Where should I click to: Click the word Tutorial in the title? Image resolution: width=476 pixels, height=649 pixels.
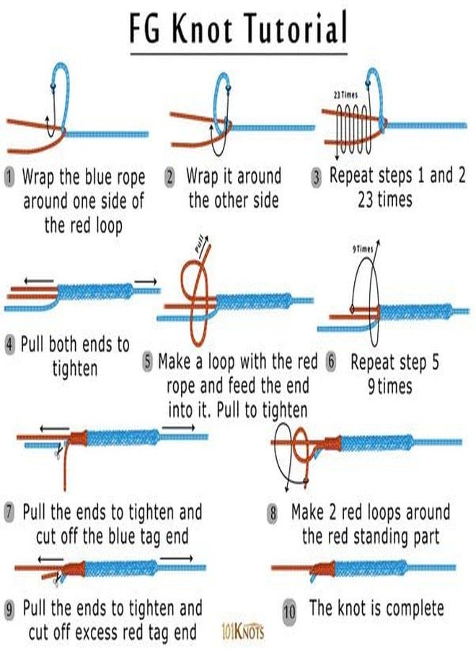click(x=296, y=28)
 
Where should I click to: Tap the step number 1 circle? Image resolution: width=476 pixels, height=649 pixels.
click(x=9, y=177)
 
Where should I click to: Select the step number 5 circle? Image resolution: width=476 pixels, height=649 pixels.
click(x=148, y=362)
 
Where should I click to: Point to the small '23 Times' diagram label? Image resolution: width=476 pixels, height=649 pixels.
click(x=345, y=95)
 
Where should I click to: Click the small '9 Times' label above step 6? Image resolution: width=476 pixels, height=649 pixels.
click(x=363, y=249)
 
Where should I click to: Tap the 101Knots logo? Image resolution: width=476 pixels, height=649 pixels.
click(x=242, y=631)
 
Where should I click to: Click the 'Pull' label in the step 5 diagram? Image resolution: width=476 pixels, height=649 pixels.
click(x=200, y=244)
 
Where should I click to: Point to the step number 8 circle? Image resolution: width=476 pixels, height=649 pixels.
click(x=273, y=513)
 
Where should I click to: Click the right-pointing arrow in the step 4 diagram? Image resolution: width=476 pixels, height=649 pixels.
click(x=146, y=282)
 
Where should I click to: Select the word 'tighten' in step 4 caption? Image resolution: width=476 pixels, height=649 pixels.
click(x=75, y=368)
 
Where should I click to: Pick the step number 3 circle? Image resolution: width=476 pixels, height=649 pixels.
click(x=316, y=177)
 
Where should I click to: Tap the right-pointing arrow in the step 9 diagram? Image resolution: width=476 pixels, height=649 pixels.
click(x=176, y=559)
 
